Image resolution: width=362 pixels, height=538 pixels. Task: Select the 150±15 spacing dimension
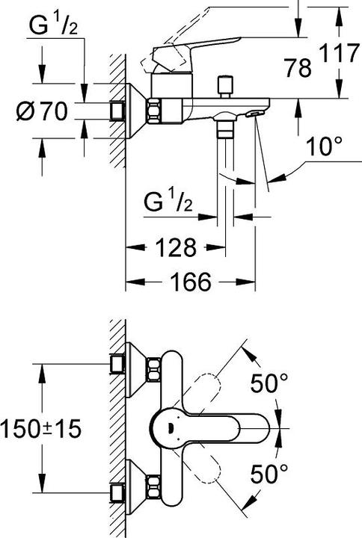pos(41,428)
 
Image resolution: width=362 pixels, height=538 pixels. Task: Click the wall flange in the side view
pos(135,111)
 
